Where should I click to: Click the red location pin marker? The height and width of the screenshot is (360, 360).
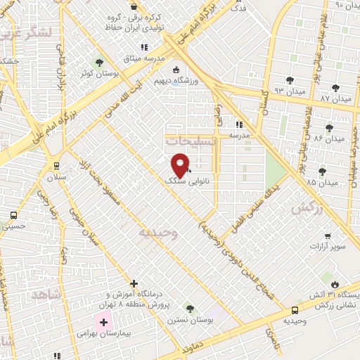[x=180, y=165]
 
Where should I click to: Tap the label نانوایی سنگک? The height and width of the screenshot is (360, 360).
[x=181, y=181]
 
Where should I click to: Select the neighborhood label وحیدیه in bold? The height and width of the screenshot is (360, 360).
[x=158, y=231]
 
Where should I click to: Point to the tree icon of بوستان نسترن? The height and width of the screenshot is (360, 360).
[x=189, y=308]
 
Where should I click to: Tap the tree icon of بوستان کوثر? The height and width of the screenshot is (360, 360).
[x=98, y=61]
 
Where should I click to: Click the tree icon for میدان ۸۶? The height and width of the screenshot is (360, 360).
[x=329, y=128]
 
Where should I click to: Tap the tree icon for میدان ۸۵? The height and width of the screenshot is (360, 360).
[x=322, y=171]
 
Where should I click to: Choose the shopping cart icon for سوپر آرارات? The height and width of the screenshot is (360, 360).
[x=327, y=236]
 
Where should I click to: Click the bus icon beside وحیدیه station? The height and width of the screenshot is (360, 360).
[x=294, y=309]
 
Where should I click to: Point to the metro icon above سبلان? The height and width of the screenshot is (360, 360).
[x=56, y=166]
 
